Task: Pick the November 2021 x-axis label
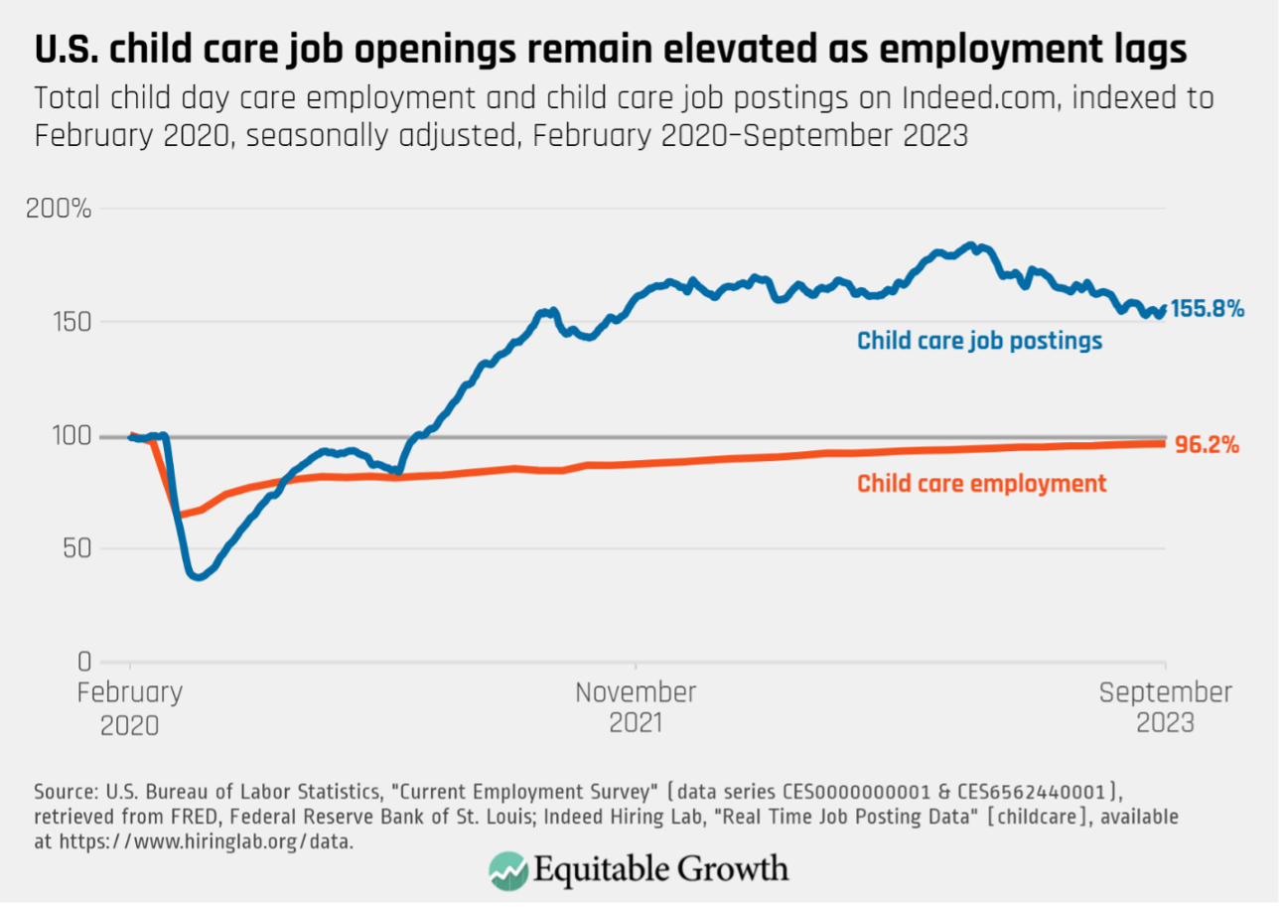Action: [636, 707]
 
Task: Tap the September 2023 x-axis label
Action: [1165, 707]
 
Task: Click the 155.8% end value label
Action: [1207, 309]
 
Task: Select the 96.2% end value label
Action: [1207, 446]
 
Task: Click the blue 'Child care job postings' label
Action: [979, 341]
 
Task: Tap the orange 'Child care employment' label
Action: [981, 484]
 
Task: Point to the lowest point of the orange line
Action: [180, 515]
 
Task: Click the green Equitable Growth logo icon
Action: [507, 870]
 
